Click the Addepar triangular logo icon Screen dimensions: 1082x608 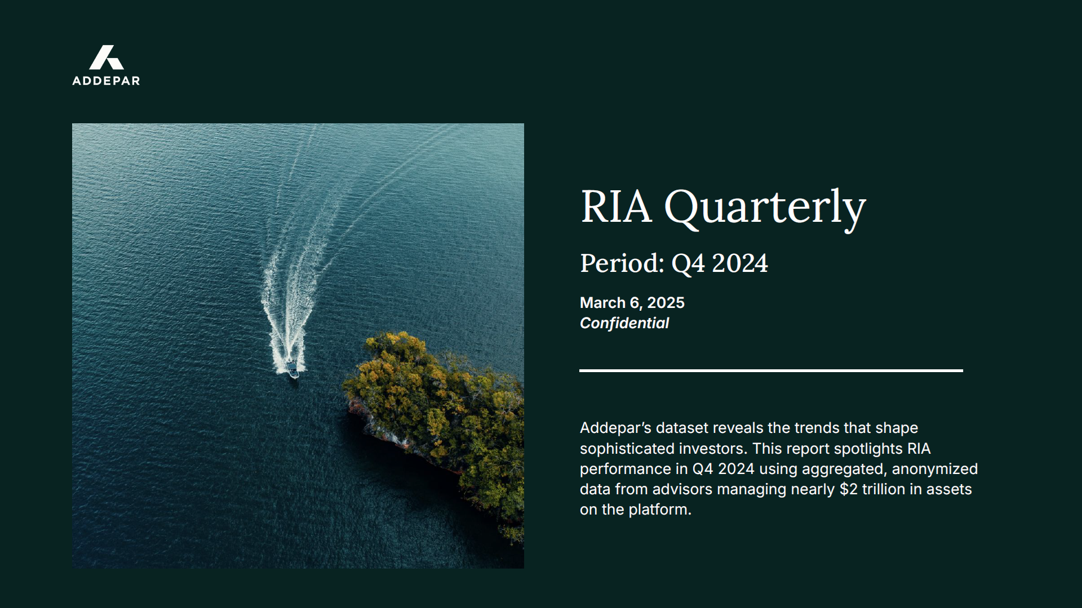(x=107, y=57)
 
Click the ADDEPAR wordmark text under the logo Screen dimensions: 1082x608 (x=106, y=81)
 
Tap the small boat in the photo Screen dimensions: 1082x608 (x=292, y=369)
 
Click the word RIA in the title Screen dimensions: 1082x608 (x=616, y=207)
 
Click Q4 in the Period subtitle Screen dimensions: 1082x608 (x=688, y=263)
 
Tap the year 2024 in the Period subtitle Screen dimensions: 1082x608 (x=740, y=263)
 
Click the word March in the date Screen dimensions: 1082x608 (x=602, y=303)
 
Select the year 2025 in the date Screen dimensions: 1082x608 (x=666, y=303)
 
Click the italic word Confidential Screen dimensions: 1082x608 (x=624, y=323)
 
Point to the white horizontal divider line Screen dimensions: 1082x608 (x=771, y=370)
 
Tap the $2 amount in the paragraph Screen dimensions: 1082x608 (x=849, y=489)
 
